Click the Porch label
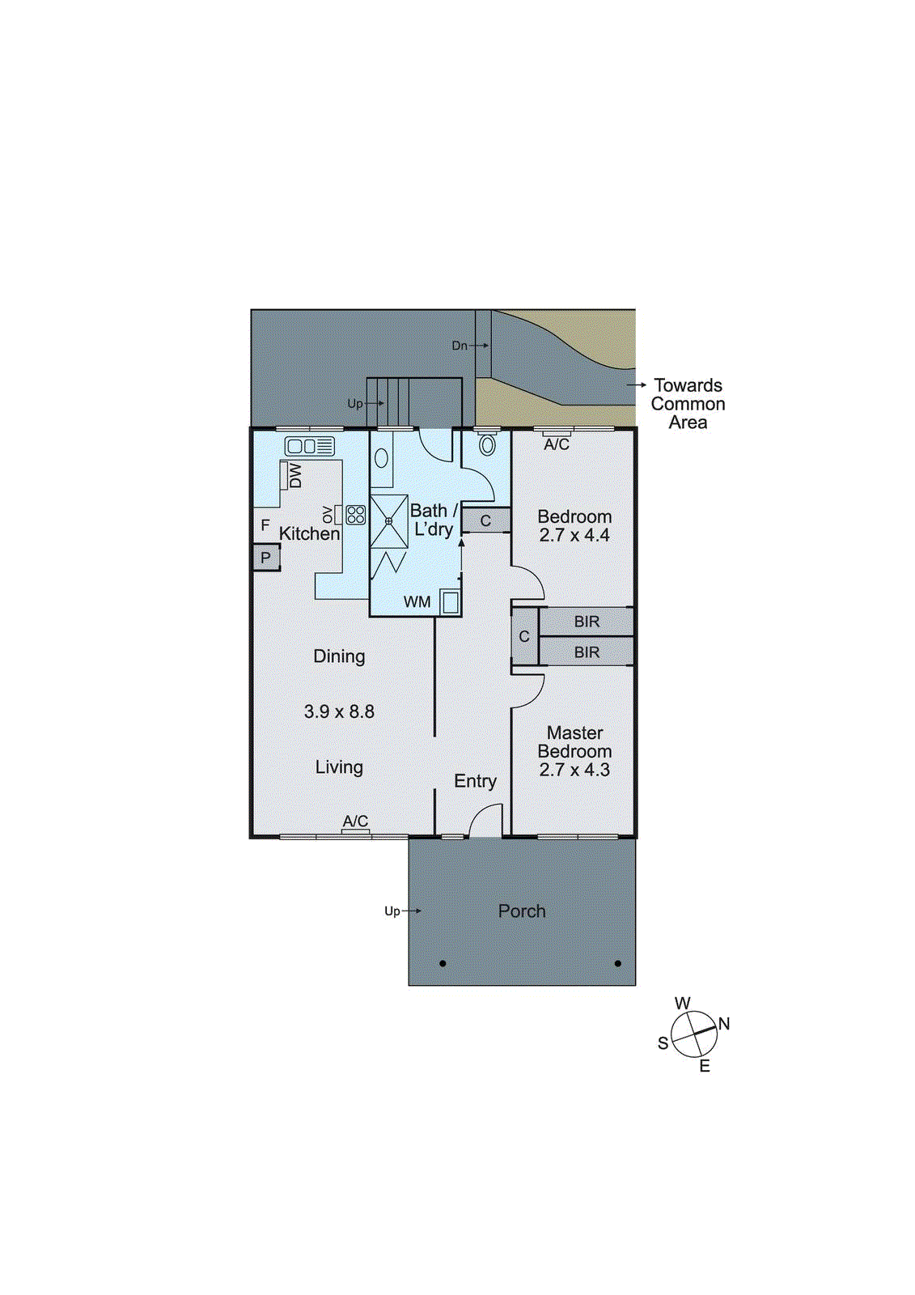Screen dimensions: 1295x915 click(x=522, y=911)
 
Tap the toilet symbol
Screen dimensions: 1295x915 click(x=487, y=444)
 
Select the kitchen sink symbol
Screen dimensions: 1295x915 click(x=309, y=446)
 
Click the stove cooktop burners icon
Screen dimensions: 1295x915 click(x=356, y=515)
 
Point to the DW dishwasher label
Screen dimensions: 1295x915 click(x=295, y=475)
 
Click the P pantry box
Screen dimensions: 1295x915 click(x=265, y=558)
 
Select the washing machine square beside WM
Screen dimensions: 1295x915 click(x=451, y=602)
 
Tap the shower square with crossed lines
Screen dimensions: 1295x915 click(x=389, y=522)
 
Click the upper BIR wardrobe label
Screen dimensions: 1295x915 click(x=587, y=622)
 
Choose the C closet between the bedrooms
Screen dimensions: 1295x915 click(x=524, y=637)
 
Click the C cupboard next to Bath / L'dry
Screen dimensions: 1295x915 click(x=485, y=521)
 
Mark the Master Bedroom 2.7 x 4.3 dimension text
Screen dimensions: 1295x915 click(x=574, y=771)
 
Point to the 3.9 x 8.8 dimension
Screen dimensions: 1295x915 click(x=339, y=712)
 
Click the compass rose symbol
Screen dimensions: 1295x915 click(x=694, y=1034)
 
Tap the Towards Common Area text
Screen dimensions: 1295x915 click(x=688, y=404)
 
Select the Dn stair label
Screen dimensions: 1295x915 click(x=460, y=346)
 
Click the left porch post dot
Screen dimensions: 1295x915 click(x=443, y=963)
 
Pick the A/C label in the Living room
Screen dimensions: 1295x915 click(x=355, y=822)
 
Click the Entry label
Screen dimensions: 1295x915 click(x=475, y=781)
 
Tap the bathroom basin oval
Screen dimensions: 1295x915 click(x=382, y=459)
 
